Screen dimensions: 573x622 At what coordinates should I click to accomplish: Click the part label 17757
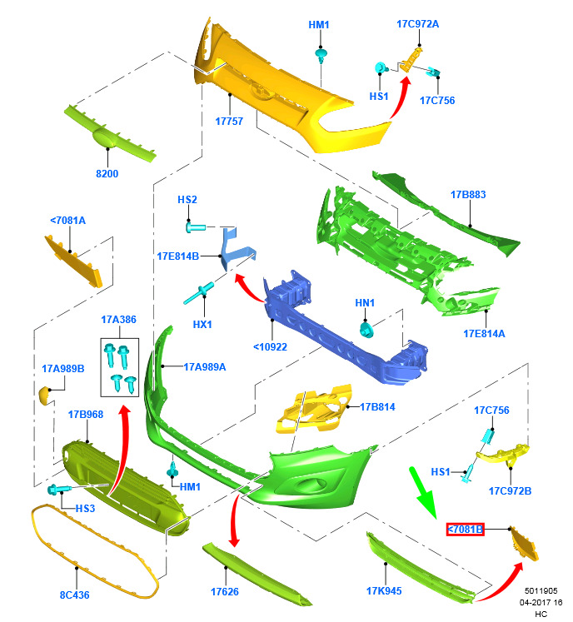point(229,121)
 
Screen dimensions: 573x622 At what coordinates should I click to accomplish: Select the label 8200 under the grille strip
point(107,173)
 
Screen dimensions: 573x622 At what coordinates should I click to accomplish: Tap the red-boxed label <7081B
point(465,530)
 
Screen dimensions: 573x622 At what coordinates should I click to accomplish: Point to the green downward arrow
point(423,492)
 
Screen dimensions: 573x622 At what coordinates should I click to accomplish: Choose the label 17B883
point(468,194)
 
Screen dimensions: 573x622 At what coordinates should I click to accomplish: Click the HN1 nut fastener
point(366,330)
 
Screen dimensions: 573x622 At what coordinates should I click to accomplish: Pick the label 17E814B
point(177,256)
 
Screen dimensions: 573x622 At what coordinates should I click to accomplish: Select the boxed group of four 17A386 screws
point(119,367)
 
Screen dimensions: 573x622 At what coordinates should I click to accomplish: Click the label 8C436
point(75,595)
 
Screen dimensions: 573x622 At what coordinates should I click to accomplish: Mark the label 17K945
point(384,591)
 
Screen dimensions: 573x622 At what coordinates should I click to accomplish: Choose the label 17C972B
point(510,491)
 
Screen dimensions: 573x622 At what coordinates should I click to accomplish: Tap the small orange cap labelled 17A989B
point(45,396)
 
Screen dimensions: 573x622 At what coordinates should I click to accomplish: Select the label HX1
point(202,325)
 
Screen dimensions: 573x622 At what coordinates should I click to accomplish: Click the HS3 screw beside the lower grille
point(58,489)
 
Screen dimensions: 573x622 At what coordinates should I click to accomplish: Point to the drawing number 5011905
point(541,591)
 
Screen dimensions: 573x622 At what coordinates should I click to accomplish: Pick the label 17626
point(225,592)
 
